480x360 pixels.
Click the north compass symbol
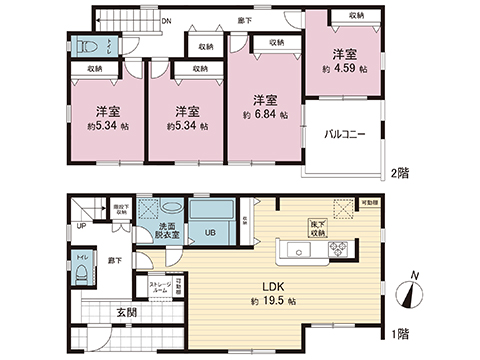(x=408, y=295)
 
